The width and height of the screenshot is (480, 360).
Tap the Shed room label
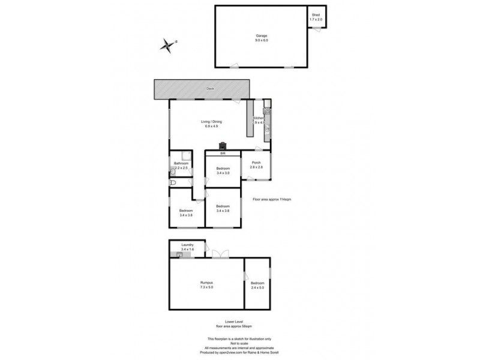point(316,18)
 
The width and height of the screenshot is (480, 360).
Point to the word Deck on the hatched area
point(210,88)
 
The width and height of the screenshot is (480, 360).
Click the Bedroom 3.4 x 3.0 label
point(223,170)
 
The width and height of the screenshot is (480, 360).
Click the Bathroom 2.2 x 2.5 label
point(181,166)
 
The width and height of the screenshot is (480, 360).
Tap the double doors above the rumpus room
point(220,254)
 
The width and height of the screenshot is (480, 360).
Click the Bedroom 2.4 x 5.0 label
point(257,285)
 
